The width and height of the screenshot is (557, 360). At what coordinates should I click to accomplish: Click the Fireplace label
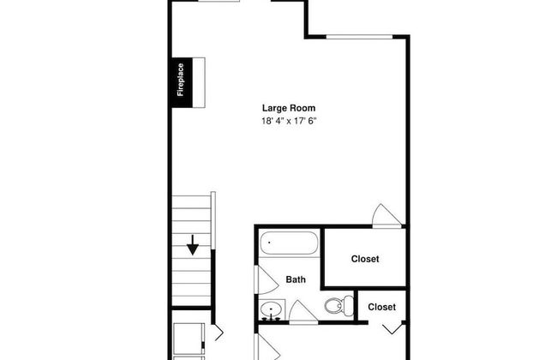tap(181, 80)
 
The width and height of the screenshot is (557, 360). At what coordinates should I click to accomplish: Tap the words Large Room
tap(289, 108)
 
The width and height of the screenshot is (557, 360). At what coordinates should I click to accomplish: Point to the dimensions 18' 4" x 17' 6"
tap(289, 121)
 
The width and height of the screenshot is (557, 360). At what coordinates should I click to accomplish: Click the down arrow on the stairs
tap(193, 245)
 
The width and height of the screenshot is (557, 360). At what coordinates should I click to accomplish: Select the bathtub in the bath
tap(289, 243)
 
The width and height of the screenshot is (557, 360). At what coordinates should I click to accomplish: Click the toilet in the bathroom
tap(338, 305)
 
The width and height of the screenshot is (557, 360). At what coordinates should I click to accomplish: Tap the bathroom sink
tap(272, 310)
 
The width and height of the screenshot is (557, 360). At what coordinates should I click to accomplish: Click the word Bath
tap(296, 279)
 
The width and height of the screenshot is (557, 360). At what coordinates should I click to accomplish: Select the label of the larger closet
tap(365, 259)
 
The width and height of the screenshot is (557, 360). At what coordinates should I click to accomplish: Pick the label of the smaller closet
tap(381, 307)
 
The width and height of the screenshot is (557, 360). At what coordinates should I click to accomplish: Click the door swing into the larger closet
tap(386, 216)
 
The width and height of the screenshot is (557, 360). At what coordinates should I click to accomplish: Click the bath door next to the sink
tap(303, 312)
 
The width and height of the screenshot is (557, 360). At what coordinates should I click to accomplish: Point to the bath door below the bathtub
tap(267, 280)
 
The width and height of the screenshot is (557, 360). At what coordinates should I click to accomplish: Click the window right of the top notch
tap(359, 37)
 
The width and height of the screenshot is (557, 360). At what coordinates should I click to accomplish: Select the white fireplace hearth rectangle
tap(199, 82)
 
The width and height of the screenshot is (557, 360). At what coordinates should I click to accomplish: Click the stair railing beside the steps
tap(213, 220)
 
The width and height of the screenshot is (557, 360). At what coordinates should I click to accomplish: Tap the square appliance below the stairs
tap(189, 339)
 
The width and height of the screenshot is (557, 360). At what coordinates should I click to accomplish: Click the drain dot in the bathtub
tap(269, 243)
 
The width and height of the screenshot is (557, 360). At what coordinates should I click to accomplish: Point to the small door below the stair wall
tap(219, 333)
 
